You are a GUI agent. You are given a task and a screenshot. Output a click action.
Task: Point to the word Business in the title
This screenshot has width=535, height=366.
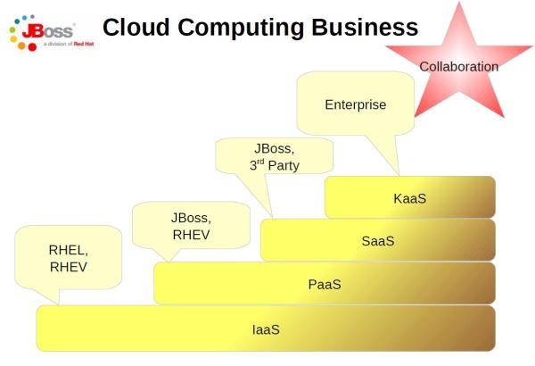coord(364,28)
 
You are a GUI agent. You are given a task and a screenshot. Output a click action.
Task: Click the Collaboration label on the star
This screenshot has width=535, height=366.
coord(459,66)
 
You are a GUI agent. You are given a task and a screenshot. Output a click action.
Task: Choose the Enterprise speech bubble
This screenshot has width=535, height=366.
coord(355,104)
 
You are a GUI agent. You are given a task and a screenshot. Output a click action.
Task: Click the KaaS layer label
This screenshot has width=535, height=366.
coord(409,197)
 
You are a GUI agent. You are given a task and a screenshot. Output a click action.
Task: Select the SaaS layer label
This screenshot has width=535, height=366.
coord(377,240)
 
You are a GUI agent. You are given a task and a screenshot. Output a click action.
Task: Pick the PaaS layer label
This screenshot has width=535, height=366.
coord(325,284)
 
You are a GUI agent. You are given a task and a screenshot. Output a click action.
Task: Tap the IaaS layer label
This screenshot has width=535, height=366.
coord(266,329)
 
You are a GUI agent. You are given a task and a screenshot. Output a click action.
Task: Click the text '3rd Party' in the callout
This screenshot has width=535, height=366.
coord(274,164)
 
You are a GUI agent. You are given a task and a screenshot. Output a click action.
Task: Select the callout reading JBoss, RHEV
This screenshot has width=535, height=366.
coord(190,226)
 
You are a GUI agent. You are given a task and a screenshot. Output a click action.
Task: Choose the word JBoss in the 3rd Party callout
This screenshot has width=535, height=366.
coord(275,147)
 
